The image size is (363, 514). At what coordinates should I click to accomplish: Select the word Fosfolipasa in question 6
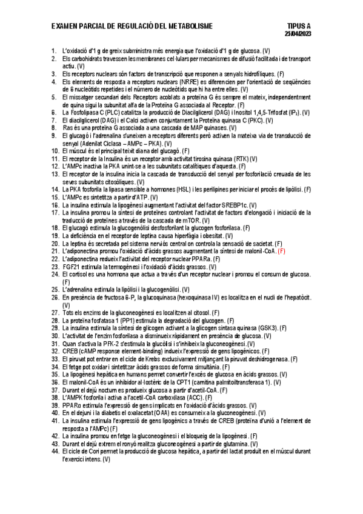pos(86,113)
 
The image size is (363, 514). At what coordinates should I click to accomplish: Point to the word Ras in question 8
pos(68,128)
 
